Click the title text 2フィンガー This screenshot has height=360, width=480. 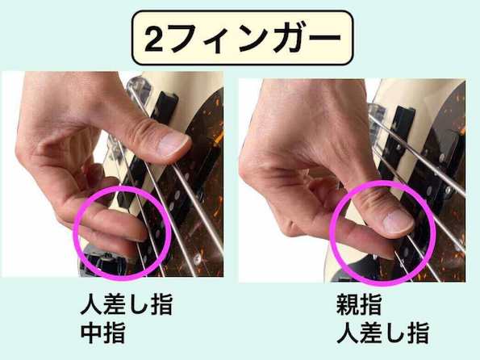click(x=243, y=38)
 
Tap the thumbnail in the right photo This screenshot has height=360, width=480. click(x=398, y=220)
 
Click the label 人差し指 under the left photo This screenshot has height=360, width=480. click(x=127, y=304)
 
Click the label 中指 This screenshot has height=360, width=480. click(x=103, y=333)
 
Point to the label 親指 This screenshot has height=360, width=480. click(x=359, y=304)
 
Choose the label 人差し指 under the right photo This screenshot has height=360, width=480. click(x=382, y=333)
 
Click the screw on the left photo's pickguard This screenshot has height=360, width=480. click(x=198, y=259)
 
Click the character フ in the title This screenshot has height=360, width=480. click(x=184, y=39)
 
